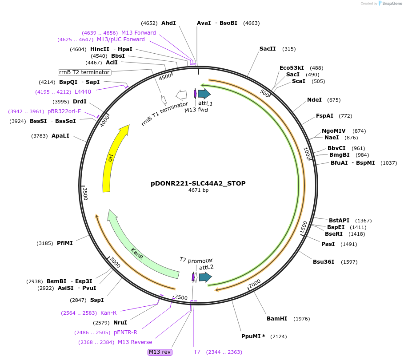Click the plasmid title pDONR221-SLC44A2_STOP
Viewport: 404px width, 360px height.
198,183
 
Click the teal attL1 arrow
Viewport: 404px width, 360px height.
204,94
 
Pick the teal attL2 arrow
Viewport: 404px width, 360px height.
205,277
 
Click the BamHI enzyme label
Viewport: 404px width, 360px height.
277,319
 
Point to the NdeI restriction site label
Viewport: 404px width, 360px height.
314,100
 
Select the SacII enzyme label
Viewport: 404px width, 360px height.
268,49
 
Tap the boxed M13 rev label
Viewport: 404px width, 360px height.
160,352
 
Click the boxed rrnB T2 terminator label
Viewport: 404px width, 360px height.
84,72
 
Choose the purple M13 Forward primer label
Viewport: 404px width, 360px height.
139,33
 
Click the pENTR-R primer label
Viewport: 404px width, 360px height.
125,332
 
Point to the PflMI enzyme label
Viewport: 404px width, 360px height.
65,243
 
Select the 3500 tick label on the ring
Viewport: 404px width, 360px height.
85,194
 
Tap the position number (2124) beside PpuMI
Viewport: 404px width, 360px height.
279,336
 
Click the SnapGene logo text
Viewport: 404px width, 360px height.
392,4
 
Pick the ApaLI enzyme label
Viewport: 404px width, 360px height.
60,136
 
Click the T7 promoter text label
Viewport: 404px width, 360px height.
196,260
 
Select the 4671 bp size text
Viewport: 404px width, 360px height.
198,190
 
